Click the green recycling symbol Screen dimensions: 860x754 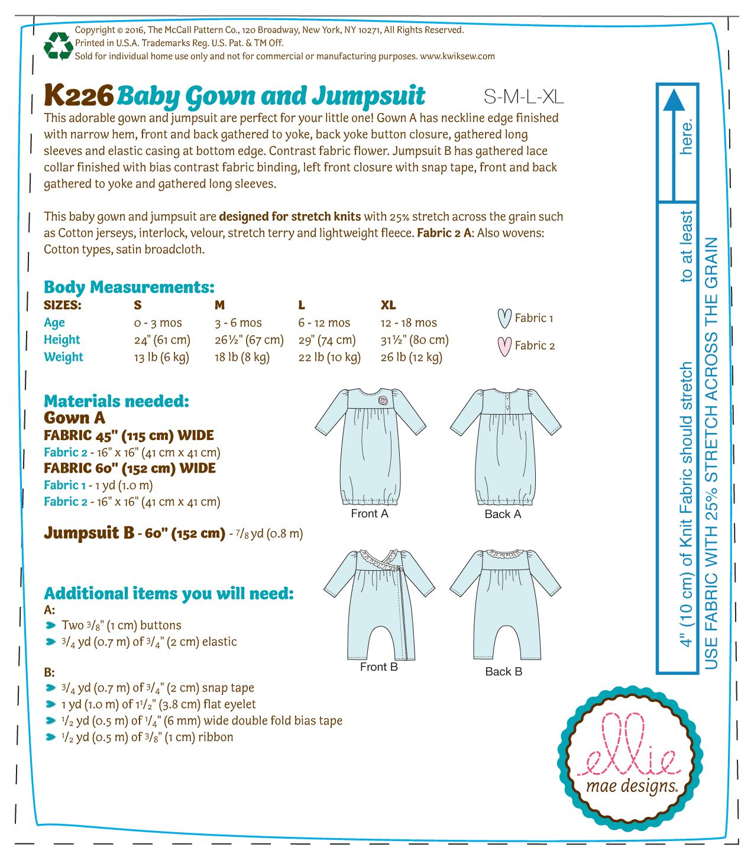pyautogui.click(x=58, y=46)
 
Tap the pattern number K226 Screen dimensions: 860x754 pyautogui.click(x=79, y=95)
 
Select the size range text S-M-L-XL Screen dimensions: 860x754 pyautogui.click(x=523, y=96)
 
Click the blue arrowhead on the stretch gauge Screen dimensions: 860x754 pyautogui.click(x=674, y=100)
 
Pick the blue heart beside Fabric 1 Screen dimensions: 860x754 pyautogui.click(x=504, y=318)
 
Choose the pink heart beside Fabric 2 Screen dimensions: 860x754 pyautogui.click(x=504, y=346)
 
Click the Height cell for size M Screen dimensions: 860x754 pyautogui.click(x=249, y=340)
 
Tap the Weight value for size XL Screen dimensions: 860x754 pyautogui.click(x=412, y=357)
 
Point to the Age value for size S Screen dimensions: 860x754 pyautogui.click(x=158, y=323)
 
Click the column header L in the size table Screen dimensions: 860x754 pyautogui.click(x=302, y=305)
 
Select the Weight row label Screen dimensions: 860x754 pyautogui.click(x=63, y=357)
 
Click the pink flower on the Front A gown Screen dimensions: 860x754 pyautogui.click(x=384, y=400)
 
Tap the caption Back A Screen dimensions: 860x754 pyautogui.click(x=503, y=514)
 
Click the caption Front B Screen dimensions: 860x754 pyautogui.click(x=378, y=667)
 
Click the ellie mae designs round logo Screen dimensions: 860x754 pyautogui.click(x=630, y=761)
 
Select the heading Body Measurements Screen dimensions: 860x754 pyautogui.click(x=129, y=287)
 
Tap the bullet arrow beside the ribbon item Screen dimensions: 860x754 pyautogui.click(x=51, y=738)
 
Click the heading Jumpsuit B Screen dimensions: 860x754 pyautogui.click(x=89, y=533)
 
